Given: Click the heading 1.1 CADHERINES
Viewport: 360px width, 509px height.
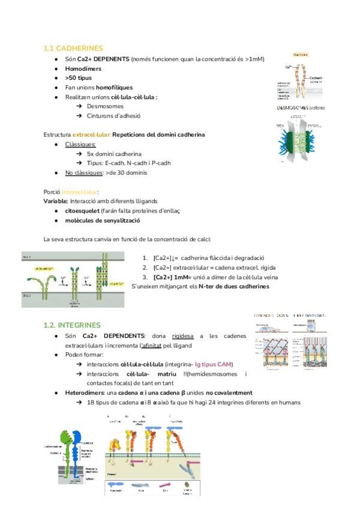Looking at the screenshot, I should [x=73, y=48].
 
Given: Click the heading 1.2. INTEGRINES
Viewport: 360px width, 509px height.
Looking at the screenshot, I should [x=72, y=325].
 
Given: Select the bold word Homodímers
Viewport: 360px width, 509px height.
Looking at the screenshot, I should [x=83, y=68].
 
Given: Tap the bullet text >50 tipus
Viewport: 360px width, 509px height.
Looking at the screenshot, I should [x=79, y=78].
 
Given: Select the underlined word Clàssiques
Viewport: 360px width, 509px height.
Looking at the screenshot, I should [x=80, y=144].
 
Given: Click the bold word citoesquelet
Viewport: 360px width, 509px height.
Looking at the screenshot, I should [x=86, y=211].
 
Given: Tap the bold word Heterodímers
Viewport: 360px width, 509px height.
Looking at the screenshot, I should [x=88, y=393].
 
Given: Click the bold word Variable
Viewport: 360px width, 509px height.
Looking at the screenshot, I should [x=56, y=201].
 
